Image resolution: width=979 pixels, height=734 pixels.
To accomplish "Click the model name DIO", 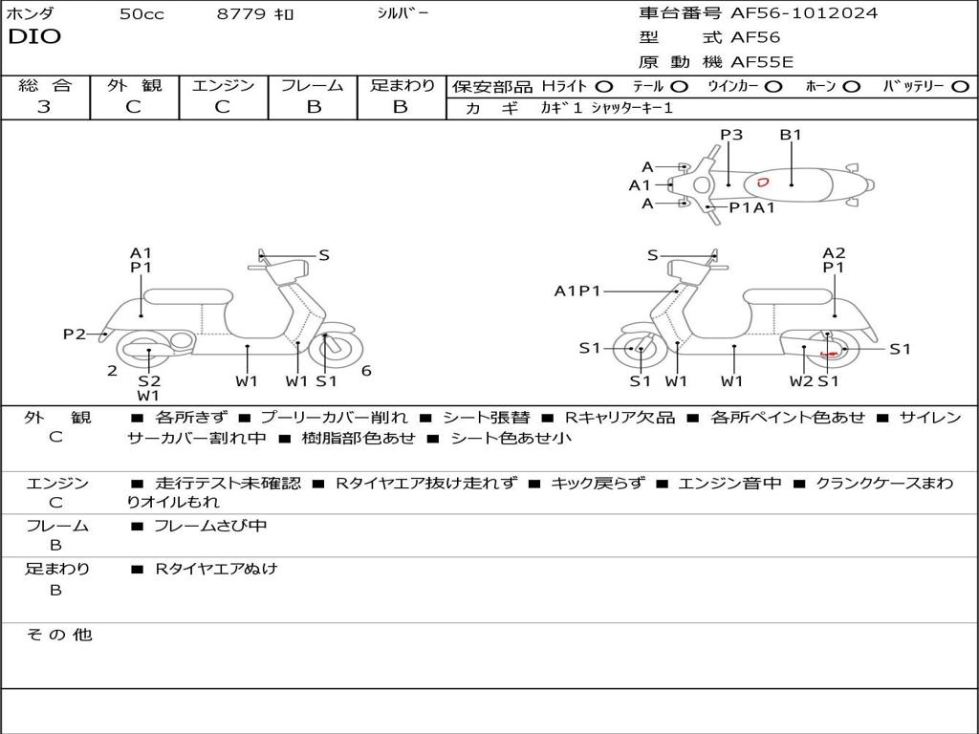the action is pos(34,37).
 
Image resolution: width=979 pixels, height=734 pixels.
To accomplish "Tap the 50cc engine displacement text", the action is pos(141,14).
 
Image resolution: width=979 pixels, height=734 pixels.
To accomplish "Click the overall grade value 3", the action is pos(44,107).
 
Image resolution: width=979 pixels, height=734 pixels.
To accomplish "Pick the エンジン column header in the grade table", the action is pos(223,86).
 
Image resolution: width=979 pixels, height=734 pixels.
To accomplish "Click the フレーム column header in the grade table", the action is pos(313,86).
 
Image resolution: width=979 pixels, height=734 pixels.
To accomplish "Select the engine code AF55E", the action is pos(762,62).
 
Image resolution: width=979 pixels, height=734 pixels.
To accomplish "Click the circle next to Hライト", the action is pos(604,87).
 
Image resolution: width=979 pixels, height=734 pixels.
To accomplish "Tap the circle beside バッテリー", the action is pos(960,87).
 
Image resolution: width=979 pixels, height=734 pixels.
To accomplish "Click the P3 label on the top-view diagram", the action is pos(731,135).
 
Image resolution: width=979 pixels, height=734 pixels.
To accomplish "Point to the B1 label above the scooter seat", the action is pos(791,135).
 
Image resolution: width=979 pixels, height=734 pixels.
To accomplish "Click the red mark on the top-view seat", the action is pos(762,181).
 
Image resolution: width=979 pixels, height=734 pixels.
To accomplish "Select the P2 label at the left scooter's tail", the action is pos(75,334).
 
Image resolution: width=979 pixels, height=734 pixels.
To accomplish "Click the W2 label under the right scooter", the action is pos(801,381).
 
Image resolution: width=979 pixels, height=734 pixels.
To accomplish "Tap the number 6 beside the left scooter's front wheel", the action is pos(366,371).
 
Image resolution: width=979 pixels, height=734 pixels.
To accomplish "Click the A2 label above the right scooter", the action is pos(834,253).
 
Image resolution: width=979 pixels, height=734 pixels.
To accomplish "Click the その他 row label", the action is pos(58,635).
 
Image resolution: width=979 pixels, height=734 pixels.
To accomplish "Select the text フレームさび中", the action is pos(210,526).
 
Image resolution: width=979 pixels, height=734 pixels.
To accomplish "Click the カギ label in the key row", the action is pos(486,108).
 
